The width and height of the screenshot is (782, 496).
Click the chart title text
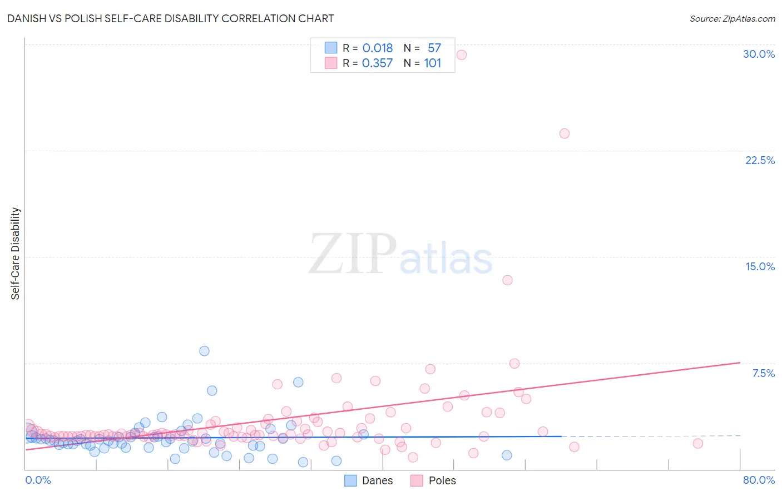pyautogui.click(x=171, y=18)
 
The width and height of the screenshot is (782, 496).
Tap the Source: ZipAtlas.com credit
pyautogui.click(x=732, y=18)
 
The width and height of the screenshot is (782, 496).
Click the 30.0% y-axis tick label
pyautogui.click(x=759, y=54)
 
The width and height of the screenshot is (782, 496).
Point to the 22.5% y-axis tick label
pyautogui.click(x=760, y=160)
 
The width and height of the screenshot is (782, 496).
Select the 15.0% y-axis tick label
pyautogui.click(x=760, y=266)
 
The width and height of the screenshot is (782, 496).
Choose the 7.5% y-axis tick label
pyautogui.click(x=763, y=373)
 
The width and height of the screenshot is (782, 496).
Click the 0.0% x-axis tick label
pyautogui.click(x=38, y=480)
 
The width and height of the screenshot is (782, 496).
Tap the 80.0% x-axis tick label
pyautogui.click(x=759, y=480)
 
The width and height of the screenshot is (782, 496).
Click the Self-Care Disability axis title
pyautogui.click(x=16, y=254)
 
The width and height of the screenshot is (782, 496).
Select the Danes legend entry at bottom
pyautogui.click(x=369, y=480)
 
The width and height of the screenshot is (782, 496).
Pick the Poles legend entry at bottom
pyautogui.click(x=434, y=480)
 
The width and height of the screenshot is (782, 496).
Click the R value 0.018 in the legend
pyautogui.click(x=378, y=48)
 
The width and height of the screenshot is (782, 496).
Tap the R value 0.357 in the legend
pyautogui.click(x=378, y=63)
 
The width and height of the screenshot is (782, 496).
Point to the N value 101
pyautogui.click(x=432, y=63)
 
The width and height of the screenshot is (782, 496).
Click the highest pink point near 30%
pyautogui.click(x=461, y=54)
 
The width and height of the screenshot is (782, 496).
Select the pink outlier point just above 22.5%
pyautogui.click(x=564, y=133)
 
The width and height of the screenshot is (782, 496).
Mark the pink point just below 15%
pyautogui.click(x=507, y=280)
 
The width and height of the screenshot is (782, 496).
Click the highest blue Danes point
pyautogui.click(x=204, y=351)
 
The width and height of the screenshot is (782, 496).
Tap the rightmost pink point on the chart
pyautogui.click(x=697, y=443)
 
